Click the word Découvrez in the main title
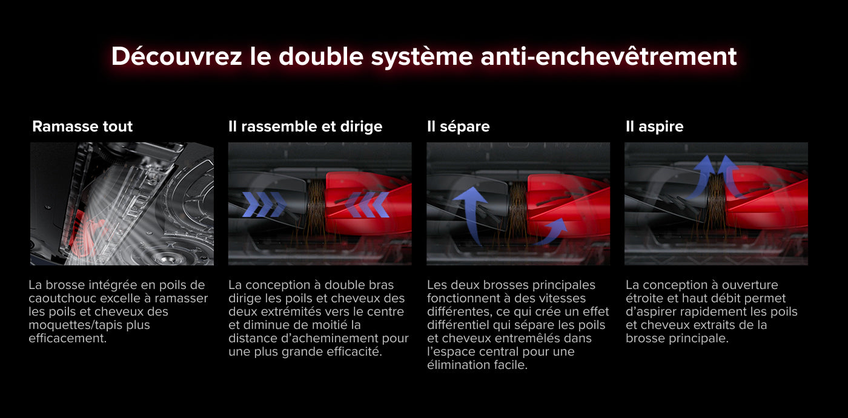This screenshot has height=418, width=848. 176,56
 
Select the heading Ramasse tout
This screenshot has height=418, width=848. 82,127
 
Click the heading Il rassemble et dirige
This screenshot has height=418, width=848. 305,127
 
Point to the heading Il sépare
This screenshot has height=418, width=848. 458,127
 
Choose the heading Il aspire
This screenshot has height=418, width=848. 655,127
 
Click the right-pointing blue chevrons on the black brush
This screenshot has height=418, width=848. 264,205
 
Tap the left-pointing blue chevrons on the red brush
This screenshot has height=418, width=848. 367,205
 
